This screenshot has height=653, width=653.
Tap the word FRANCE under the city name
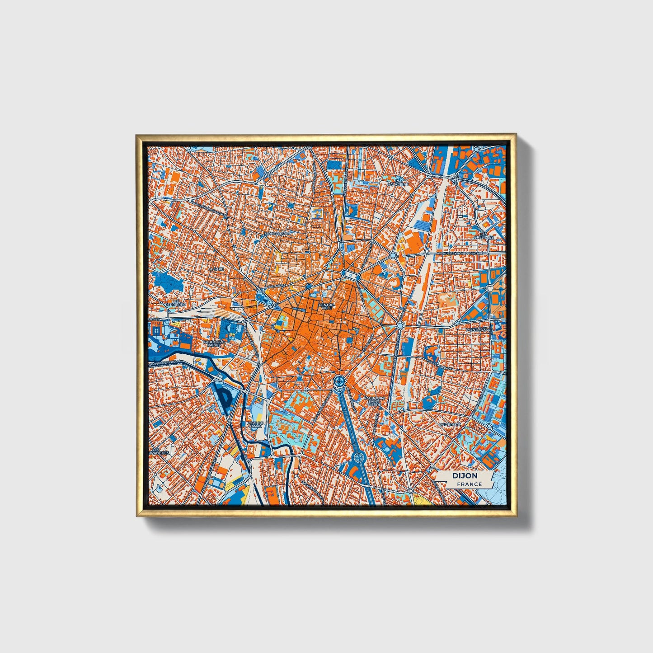[469, 484]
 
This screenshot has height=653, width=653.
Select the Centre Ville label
[326, 306]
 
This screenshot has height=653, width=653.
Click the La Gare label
[216, 268]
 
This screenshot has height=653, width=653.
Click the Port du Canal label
[254, 424]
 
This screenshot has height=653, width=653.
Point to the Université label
[450, 424]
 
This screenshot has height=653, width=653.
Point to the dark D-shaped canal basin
[225, 397]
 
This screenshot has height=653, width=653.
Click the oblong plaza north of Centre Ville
[350, 274]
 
